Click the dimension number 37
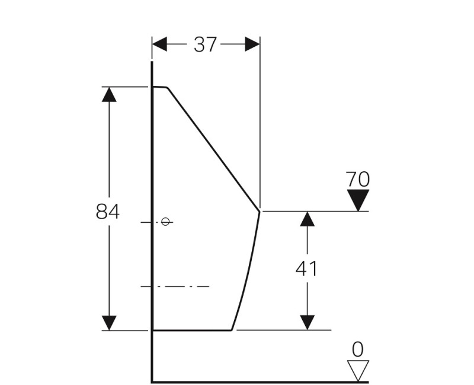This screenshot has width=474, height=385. [205, 44]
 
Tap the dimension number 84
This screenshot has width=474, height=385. [108, 211]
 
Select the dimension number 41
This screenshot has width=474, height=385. [306, 269]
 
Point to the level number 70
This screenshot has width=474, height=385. [358, 179]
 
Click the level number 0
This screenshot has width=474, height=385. [358, 349]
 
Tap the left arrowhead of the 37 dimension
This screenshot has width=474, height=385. [159, 44]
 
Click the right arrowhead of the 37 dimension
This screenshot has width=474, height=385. [252, 44]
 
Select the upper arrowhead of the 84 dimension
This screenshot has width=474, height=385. [109, 94]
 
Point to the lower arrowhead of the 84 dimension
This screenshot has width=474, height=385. [109, 323]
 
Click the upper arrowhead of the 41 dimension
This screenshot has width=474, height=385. [307, 219]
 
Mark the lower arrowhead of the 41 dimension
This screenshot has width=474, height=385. [307, 323]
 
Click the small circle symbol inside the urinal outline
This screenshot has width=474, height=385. [165, 222]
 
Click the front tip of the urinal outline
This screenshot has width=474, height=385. [260, 211]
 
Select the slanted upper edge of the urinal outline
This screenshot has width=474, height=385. [213, 149]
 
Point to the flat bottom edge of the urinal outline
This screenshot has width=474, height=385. [192, 331]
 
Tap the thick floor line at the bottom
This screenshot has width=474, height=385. [260, 382]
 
